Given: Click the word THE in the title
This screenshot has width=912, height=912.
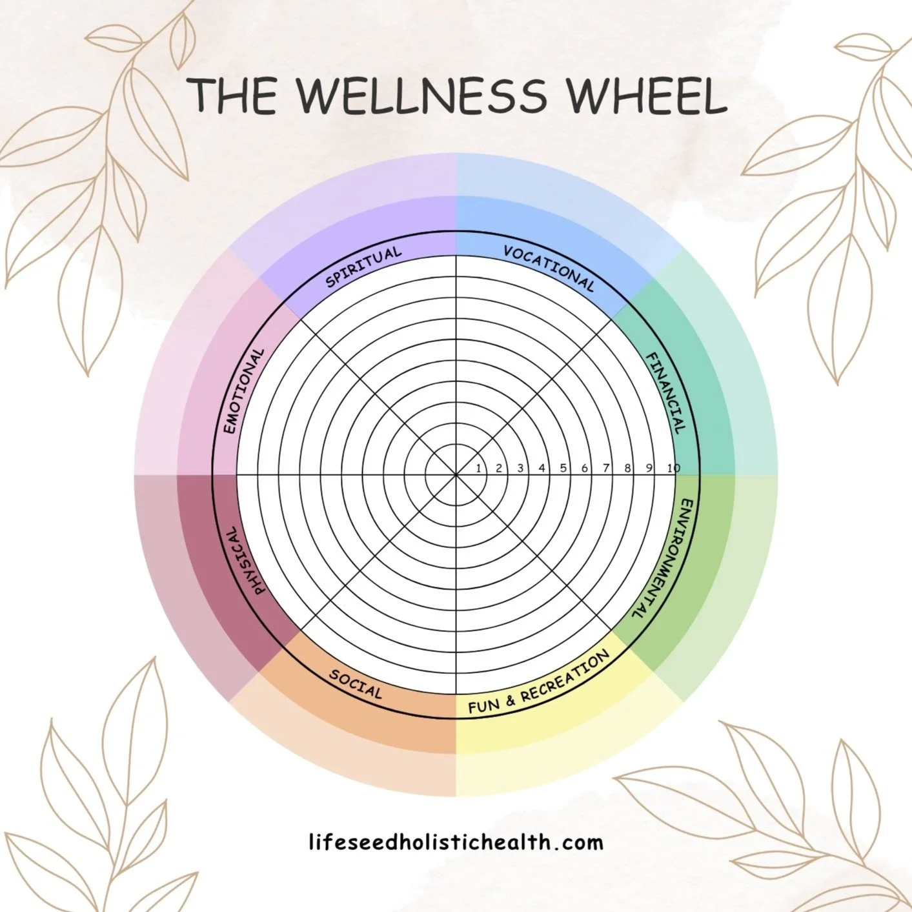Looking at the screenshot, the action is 234,96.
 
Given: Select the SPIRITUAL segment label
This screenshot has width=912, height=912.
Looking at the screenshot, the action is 363,266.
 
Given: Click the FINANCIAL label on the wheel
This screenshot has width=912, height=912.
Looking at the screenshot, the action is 665,392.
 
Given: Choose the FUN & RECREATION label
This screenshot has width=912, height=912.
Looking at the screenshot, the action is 539,682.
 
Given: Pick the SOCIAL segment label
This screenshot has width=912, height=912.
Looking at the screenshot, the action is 356,684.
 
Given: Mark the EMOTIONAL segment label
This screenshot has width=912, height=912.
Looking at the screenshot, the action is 243,391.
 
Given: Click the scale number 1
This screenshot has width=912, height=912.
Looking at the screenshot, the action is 478,469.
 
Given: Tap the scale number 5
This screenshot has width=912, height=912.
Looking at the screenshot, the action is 563,469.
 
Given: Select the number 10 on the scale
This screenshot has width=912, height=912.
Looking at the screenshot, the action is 673,469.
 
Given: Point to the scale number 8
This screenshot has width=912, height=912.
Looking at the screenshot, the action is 627,469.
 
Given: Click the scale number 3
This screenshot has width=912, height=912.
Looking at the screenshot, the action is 520,469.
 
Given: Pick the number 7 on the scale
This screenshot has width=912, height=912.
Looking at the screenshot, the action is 606,469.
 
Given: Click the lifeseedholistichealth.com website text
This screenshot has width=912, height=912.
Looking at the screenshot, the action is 456,842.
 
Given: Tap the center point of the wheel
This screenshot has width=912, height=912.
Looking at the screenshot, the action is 456,475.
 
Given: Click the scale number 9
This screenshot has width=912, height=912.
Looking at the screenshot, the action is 649,469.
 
